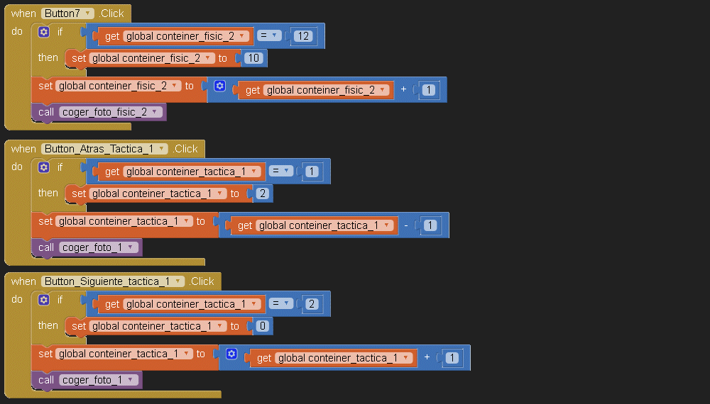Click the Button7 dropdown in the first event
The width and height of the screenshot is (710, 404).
point(67,13)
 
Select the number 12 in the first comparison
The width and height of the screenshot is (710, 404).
point(302,35)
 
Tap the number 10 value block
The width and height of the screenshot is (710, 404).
point(252,58)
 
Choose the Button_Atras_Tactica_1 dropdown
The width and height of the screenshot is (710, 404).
point(104,149)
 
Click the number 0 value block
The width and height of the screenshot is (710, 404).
point(263,326)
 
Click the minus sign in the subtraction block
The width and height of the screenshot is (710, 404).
point(406,225)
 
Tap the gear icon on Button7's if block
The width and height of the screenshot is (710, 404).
point(44,32)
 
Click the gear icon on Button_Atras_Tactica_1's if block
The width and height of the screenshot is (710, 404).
point(44,167)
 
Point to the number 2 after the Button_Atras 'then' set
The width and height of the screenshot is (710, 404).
point(263,193)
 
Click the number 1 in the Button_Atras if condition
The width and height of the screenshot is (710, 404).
point(311,171)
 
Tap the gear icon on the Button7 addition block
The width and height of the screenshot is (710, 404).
point(219,86)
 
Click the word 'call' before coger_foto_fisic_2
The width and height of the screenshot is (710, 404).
point(46,112)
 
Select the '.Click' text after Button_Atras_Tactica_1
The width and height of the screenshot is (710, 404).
point(186,149)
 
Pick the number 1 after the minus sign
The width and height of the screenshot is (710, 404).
point(429,225)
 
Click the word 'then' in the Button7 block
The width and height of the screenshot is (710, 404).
point(48,57)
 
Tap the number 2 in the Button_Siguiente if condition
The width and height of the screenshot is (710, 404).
point(311,304)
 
